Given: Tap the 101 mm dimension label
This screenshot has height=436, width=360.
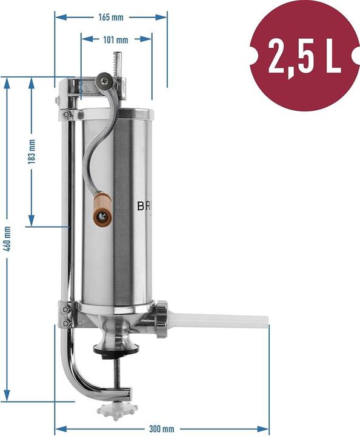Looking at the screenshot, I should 116,41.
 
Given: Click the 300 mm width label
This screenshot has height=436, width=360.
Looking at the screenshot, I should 162,429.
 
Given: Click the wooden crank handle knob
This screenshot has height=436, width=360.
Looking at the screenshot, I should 101,209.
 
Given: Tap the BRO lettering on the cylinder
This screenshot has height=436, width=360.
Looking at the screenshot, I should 146,206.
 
